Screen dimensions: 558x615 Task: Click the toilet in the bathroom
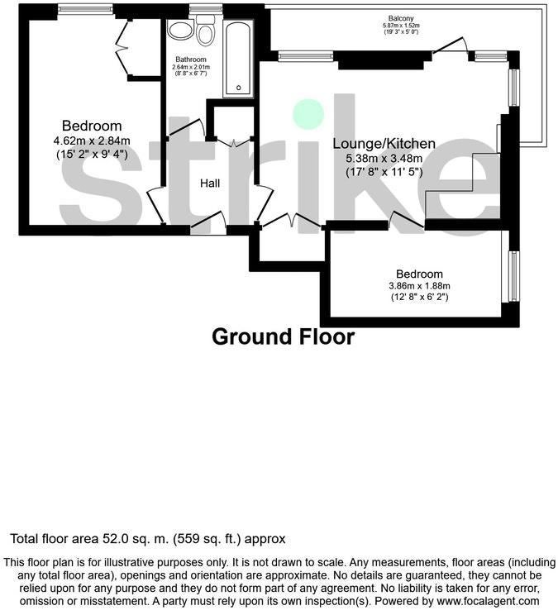tap(205, 31)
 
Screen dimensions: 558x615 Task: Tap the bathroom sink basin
tap(180, 29)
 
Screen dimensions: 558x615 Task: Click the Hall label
tap(210, 184)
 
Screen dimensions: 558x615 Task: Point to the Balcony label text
tap(401, 18)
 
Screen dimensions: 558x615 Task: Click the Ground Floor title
tap(283, 337)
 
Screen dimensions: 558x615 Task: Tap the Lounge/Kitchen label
tap(384, 144)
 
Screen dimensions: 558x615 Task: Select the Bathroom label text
tap(191, 60)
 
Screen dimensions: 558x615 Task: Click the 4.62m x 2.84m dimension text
tap(92, 141)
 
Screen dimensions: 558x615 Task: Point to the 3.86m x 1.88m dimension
tap(419, 286)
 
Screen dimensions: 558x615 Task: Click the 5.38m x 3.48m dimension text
tap(384, 159)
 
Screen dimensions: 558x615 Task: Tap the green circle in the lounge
tap(309, 114)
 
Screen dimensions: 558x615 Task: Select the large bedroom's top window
tap(86, 9)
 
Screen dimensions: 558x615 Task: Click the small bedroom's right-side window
tap(514, 276)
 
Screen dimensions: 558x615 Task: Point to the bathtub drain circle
tap(238, 88)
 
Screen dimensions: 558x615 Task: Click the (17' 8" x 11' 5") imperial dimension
tap(384, 172)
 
